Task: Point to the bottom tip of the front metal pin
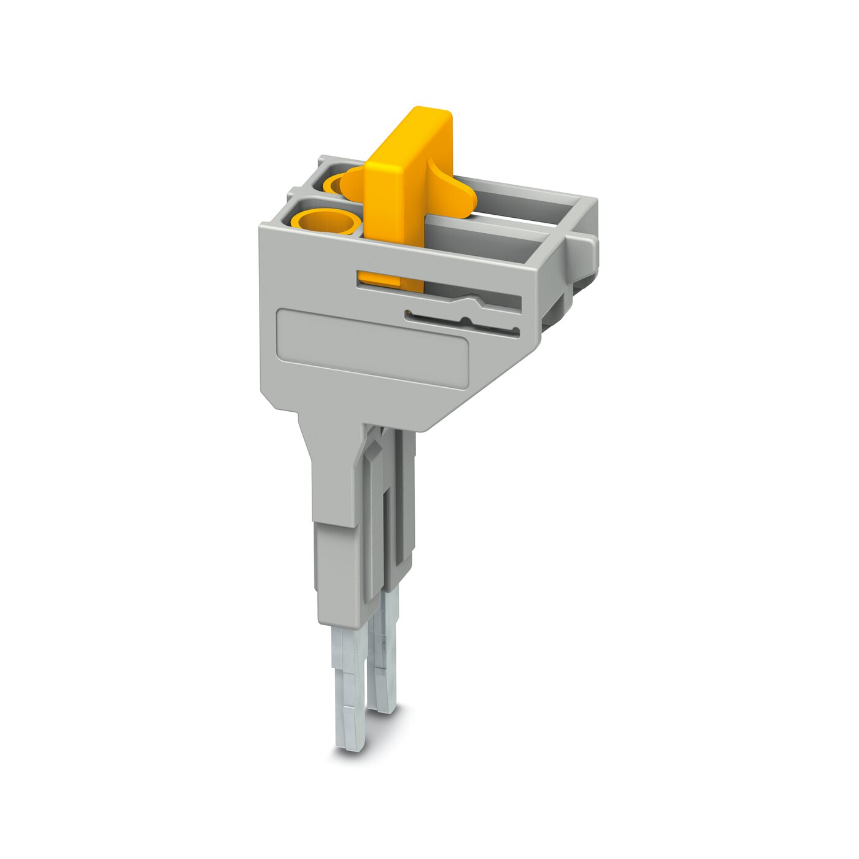point(350,742)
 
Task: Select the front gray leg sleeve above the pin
point(337,571)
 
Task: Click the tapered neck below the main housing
point(331,466)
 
